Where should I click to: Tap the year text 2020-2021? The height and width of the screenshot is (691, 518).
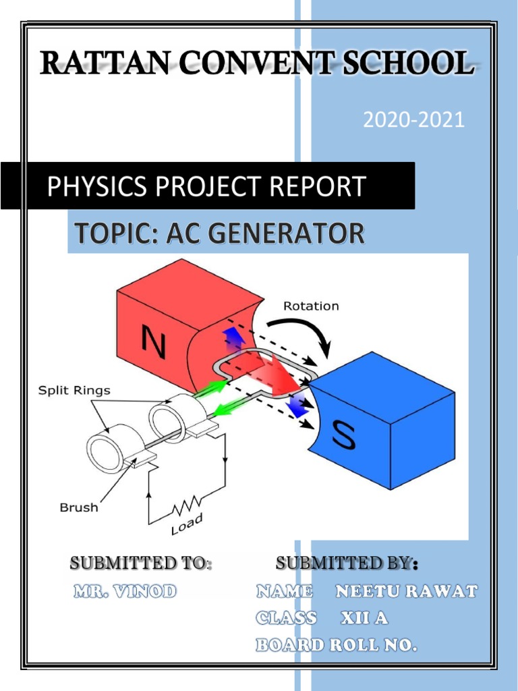click(x=414, y=120)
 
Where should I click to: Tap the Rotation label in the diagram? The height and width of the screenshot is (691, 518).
click(x=311, y=306)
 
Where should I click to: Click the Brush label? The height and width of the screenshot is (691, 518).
click(x=79, y=507)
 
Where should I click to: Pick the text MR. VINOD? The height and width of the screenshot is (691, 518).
click(x=125, y=592)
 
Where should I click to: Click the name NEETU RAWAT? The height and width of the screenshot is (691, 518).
click(x=407, y=592)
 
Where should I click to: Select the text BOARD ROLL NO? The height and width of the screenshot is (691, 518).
click(x=336, y=645)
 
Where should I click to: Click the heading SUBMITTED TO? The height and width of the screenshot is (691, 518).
click(x=141, y=563)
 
